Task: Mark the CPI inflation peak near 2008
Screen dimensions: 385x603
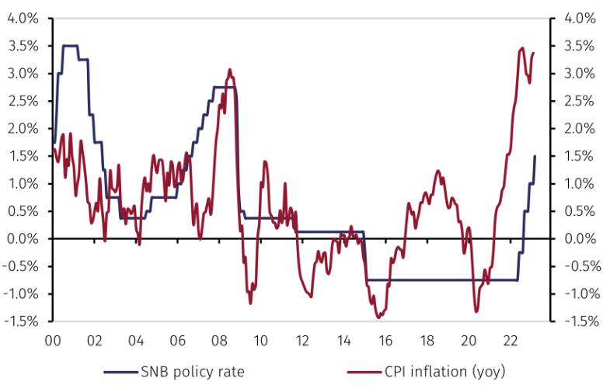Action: coord(229,70)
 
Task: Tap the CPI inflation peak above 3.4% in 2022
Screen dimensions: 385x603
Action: coord(521,48)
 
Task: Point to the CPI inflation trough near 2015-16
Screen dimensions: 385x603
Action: coord(378,317)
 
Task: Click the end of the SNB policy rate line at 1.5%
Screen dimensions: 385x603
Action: coord(535,157)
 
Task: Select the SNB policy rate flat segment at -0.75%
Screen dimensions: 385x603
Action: coord(443,279)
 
